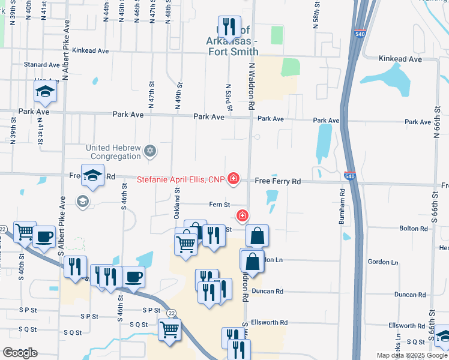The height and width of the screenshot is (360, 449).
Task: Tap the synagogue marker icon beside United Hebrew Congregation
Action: pos(151,151)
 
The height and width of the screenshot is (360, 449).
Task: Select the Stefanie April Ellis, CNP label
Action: pos(180,179)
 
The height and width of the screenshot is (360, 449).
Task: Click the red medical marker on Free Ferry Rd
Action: pos(233,179)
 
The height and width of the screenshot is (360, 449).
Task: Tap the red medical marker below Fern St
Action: pos(243,215)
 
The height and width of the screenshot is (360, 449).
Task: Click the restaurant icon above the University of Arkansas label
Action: pos(229,26)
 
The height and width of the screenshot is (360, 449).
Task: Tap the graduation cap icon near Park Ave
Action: pos(45,92)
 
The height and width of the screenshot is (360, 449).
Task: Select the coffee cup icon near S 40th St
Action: pos(44,236)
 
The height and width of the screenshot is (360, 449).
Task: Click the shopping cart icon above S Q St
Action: pos(169,329)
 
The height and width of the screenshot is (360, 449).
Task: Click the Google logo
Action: pos(20,353)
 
